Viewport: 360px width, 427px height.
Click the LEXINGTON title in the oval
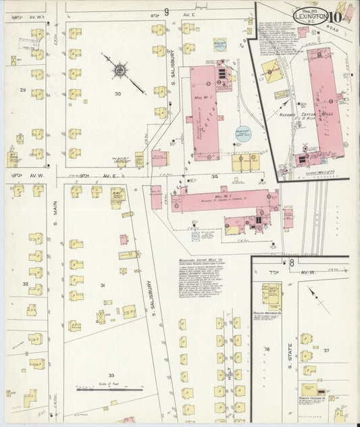click(311, 14)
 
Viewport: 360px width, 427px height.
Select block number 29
click(23, 90)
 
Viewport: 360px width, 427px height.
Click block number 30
click(119, 94)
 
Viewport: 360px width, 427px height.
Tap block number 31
click(103, 286)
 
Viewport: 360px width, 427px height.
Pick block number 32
click(25, 284)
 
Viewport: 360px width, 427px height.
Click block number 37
click(326, 351)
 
